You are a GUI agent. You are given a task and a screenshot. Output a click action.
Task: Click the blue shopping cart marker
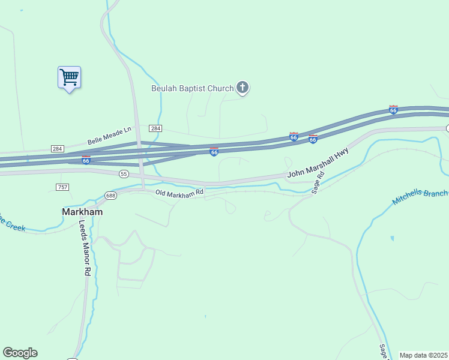[x=69, y=77]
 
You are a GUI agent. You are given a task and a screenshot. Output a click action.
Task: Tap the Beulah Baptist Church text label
[x=192, y=89]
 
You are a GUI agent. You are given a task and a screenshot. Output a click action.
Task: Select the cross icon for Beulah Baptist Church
[x=243, y=89]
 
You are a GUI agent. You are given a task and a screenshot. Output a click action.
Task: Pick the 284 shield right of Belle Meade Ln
[x=155, y=129]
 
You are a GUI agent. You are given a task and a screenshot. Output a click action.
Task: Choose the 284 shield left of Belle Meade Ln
[x=58, y=149]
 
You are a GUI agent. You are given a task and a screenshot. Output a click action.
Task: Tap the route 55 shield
[x=124, y=173]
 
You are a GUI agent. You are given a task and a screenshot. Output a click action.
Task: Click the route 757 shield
[x=62, y=187]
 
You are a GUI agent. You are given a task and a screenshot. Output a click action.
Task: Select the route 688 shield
[x=110, y=196]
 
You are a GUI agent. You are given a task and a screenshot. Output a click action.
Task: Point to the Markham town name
[x=82, y=212]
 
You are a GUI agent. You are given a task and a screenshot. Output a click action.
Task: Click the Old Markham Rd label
[x=179, y=193]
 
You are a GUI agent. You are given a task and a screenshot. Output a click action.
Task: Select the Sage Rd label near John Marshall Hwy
[x=318, y=182]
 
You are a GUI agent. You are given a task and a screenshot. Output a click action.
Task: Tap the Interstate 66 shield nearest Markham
[x=86, y=160]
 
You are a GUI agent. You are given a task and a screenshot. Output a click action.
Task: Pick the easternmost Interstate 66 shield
[x=393, y=110]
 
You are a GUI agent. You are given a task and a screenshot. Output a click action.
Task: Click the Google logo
[x=20, y=353]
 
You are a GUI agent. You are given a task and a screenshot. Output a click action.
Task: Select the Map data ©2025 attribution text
[x=423, y=355]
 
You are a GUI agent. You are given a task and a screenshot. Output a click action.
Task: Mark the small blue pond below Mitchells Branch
[x=392, y=238]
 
